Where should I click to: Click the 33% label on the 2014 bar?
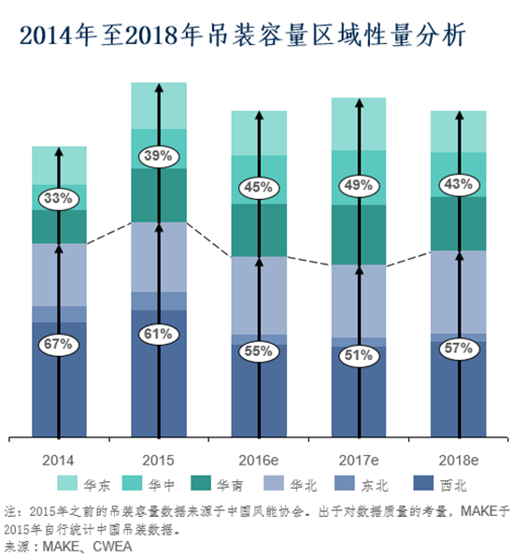coord(58,198)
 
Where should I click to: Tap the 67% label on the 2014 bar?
coord(58,344)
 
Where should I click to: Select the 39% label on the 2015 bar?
coord(158,156)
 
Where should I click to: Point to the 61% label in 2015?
coord(158,333)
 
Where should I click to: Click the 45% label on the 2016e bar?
coord(258,187)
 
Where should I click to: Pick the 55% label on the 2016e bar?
coord(258,351)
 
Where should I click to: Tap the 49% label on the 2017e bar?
coord(358,185)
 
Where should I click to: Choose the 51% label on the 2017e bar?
coord(358,354)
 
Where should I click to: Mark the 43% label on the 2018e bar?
coord(458,184)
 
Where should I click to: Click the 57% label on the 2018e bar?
coord(458,349)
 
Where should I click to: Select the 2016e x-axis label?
coord(258,460)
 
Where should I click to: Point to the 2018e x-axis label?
coord(458,460)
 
